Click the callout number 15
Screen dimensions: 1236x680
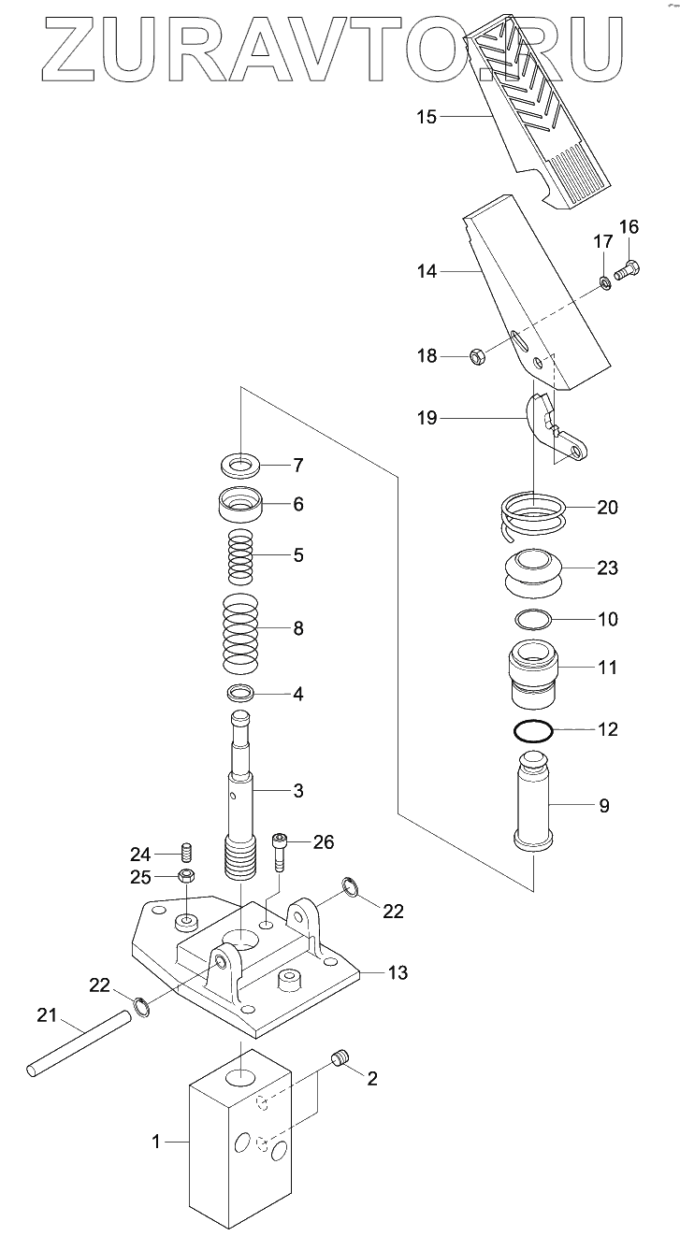click(426, 117)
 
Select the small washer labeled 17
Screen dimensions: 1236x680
click(605, 280)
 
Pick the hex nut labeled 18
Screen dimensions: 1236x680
click(476, 356)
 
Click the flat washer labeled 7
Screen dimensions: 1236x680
click(241, 465)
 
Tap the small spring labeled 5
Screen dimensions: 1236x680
click(241, 556)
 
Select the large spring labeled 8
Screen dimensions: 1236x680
click(240, 631)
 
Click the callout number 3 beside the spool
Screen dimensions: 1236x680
click(298, 791)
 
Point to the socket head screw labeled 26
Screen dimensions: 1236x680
click(280, 849)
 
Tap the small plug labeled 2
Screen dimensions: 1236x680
click(340, 1058)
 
